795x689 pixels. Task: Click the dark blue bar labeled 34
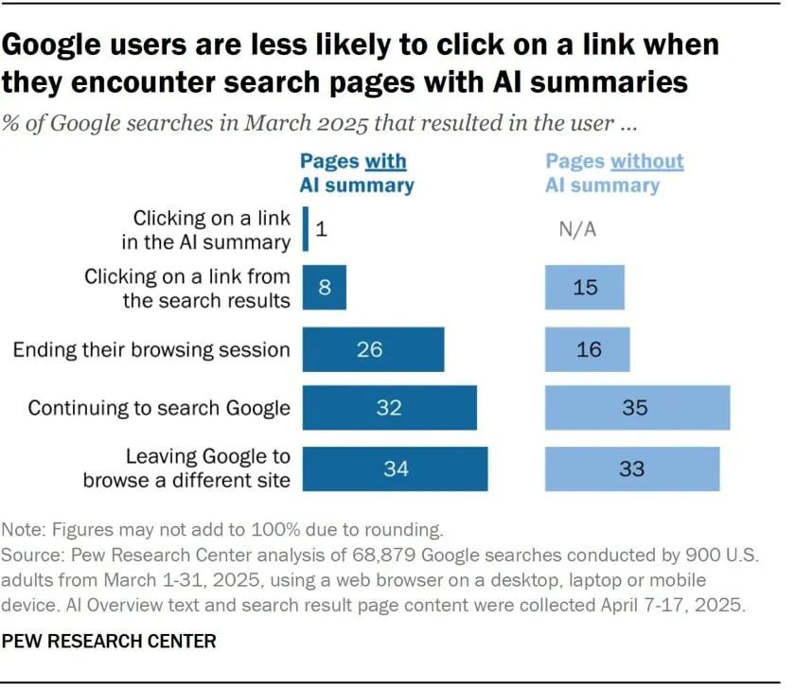click(395, 468)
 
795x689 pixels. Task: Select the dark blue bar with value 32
click(389, 408)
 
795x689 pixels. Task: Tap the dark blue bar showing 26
click(373, 349)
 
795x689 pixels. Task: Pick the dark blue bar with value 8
click(324, 287)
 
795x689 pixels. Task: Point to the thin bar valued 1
click(306, 229)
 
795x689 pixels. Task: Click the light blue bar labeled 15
click(584, 287)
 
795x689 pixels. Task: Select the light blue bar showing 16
click(587, 349)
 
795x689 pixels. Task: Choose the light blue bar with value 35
click(637, 408)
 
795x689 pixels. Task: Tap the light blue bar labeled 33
click(631, 468)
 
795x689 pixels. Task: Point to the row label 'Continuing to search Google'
click(159, 409)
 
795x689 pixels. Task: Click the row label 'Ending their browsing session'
click(151, 350)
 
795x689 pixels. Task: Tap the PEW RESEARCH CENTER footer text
click(109, 642)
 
